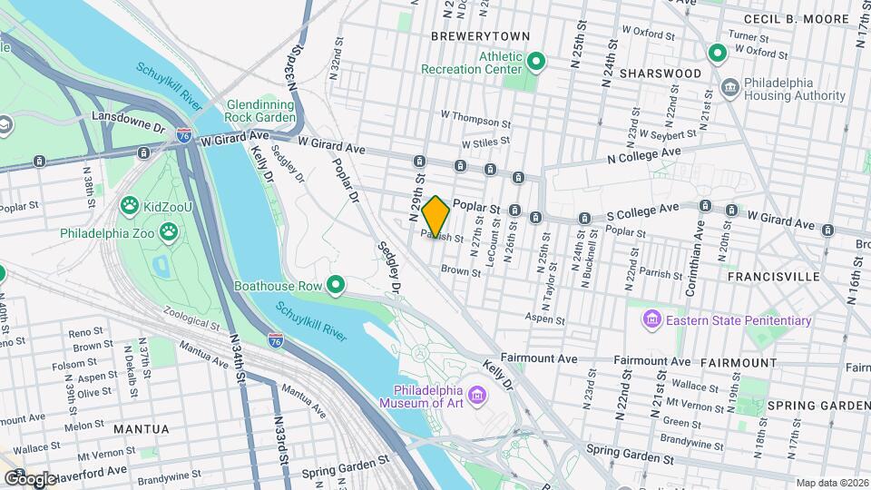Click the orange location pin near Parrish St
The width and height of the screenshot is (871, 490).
435,216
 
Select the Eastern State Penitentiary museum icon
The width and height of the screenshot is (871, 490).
651,319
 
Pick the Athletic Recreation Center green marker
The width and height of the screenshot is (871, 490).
535,63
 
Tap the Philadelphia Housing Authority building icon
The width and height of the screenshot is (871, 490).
730,87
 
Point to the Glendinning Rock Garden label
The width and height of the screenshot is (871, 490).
260,111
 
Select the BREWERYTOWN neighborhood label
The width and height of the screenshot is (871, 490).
479,36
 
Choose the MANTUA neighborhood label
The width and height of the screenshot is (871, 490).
141,428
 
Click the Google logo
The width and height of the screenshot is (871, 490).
31,478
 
